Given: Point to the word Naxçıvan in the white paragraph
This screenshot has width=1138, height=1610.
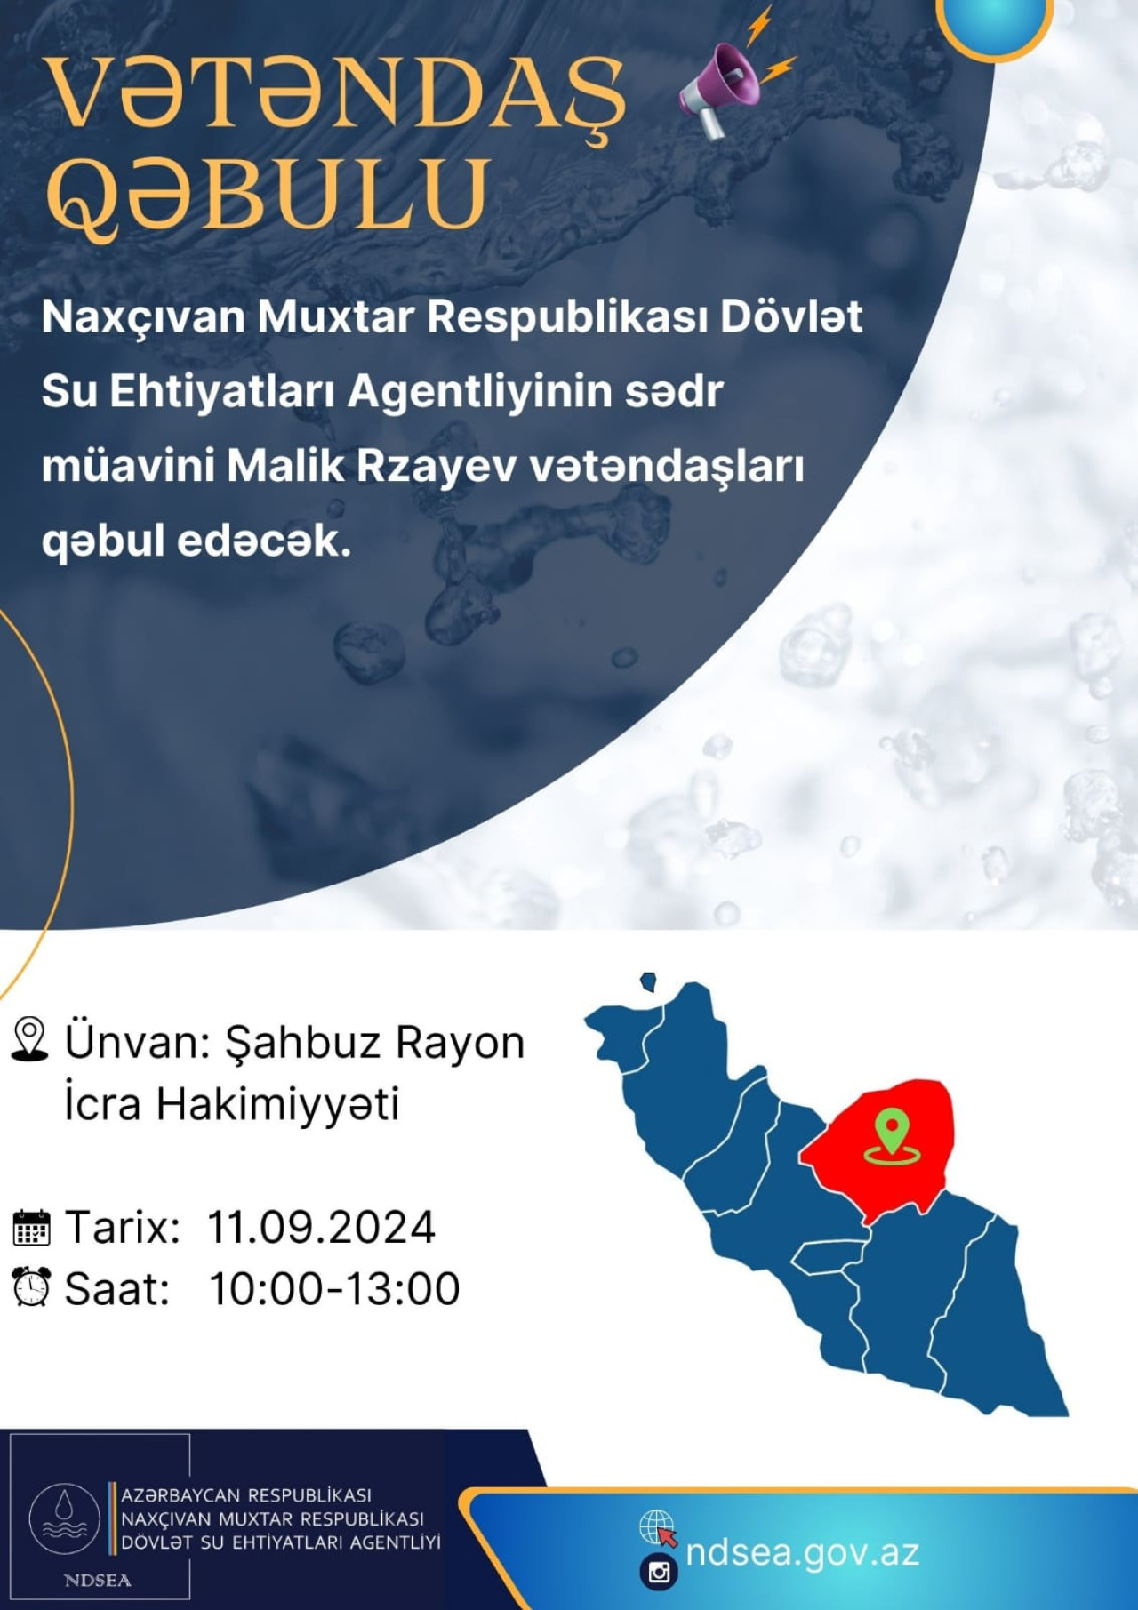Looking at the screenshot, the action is pyautogui.click(x=143, y=317).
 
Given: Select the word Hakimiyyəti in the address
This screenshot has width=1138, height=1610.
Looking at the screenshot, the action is pyautogui.click(x=277, y=1104).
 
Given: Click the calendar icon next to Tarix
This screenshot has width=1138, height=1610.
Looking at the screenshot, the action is pyautogui.click(x=32, y=1228).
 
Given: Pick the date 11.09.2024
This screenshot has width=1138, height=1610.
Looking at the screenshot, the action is pyautogui.click(x=321, y=1228).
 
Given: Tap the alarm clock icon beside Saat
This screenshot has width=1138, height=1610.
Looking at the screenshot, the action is pyautogui.click(x=31, y=1287).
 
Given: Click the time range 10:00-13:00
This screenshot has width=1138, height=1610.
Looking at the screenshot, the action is pyautogui.click(x=334, y=1289).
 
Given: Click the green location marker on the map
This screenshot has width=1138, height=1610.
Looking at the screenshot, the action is pyautogui.click(x=892, y=1137).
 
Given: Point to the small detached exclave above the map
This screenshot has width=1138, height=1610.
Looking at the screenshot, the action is pyautogui.click(x=649, y=981).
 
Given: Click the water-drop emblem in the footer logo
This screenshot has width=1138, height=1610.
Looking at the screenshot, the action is pyautogui.click(x=65, y=1518).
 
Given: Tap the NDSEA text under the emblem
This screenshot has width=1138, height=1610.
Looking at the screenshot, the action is pyautogui.click(x=98, y=1580).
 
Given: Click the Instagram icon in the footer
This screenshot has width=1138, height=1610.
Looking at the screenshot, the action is pyautogui.click(x=659, y=1572).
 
